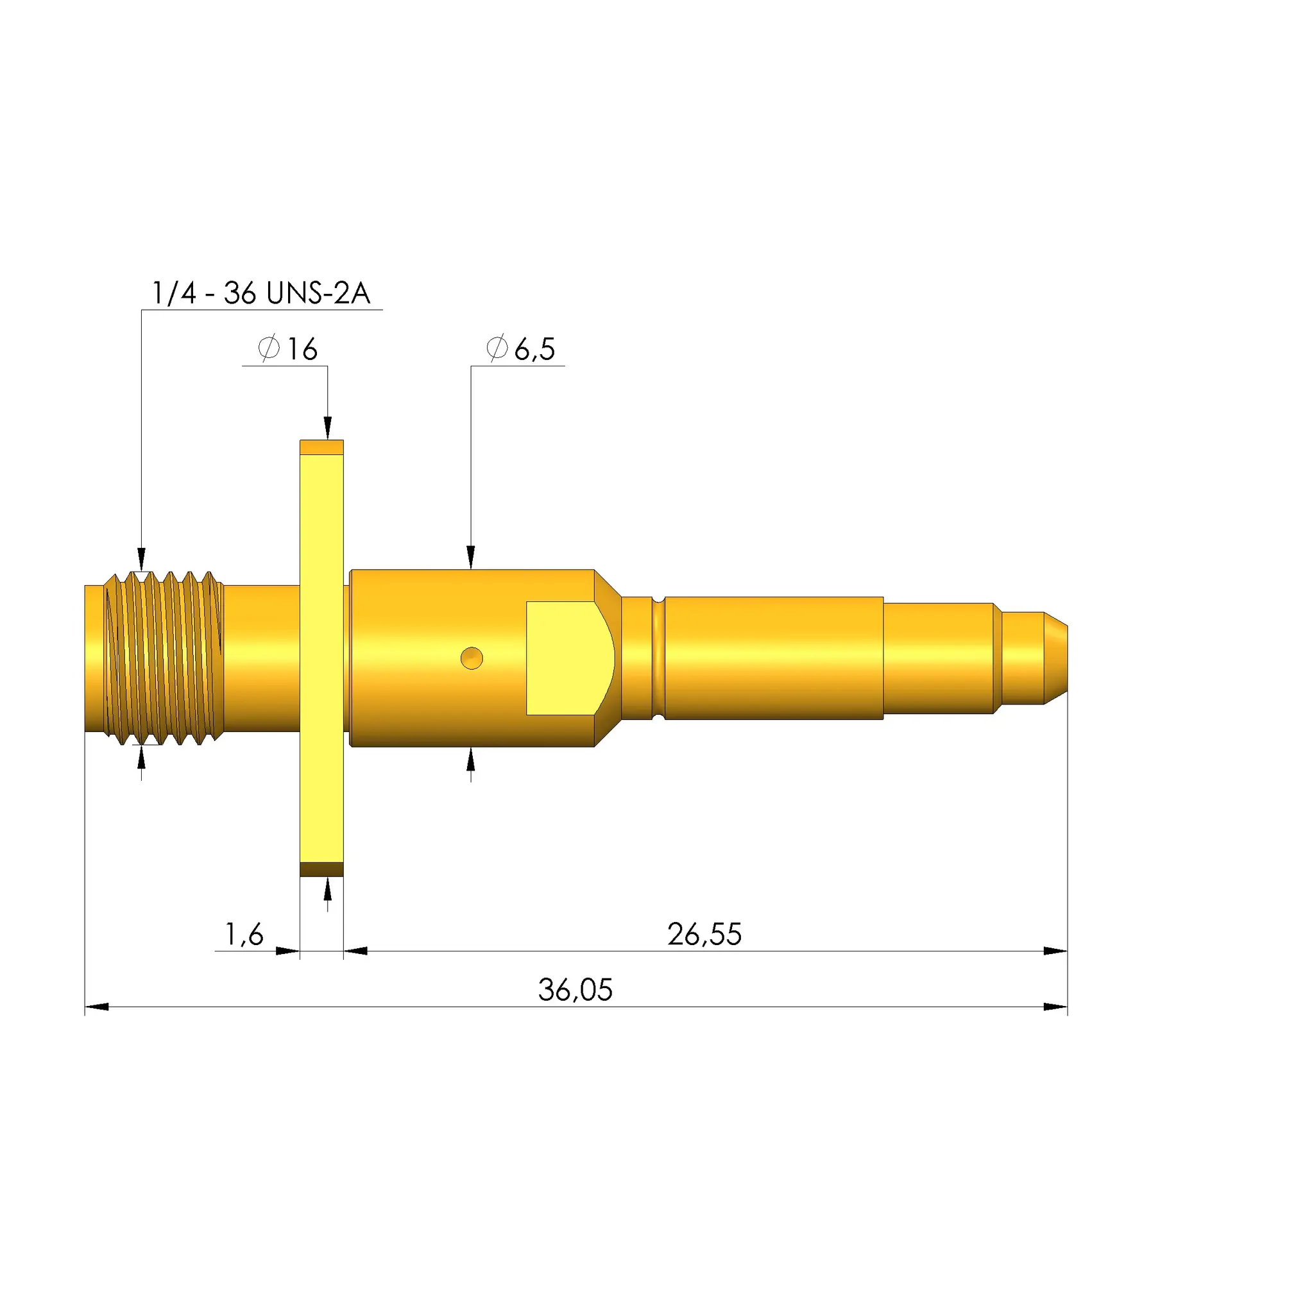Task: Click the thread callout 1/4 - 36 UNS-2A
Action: (260, 293)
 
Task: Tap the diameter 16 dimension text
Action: (288, 349)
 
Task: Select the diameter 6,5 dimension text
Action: (521, 349)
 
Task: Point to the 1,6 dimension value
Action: (244, 934)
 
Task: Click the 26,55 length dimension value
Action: (704, 934)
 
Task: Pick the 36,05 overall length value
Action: (576, 990)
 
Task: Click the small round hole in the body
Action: (472, 658)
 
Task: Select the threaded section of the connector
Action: (163, 658)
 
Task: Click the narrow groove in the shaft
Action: (658, 658)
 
